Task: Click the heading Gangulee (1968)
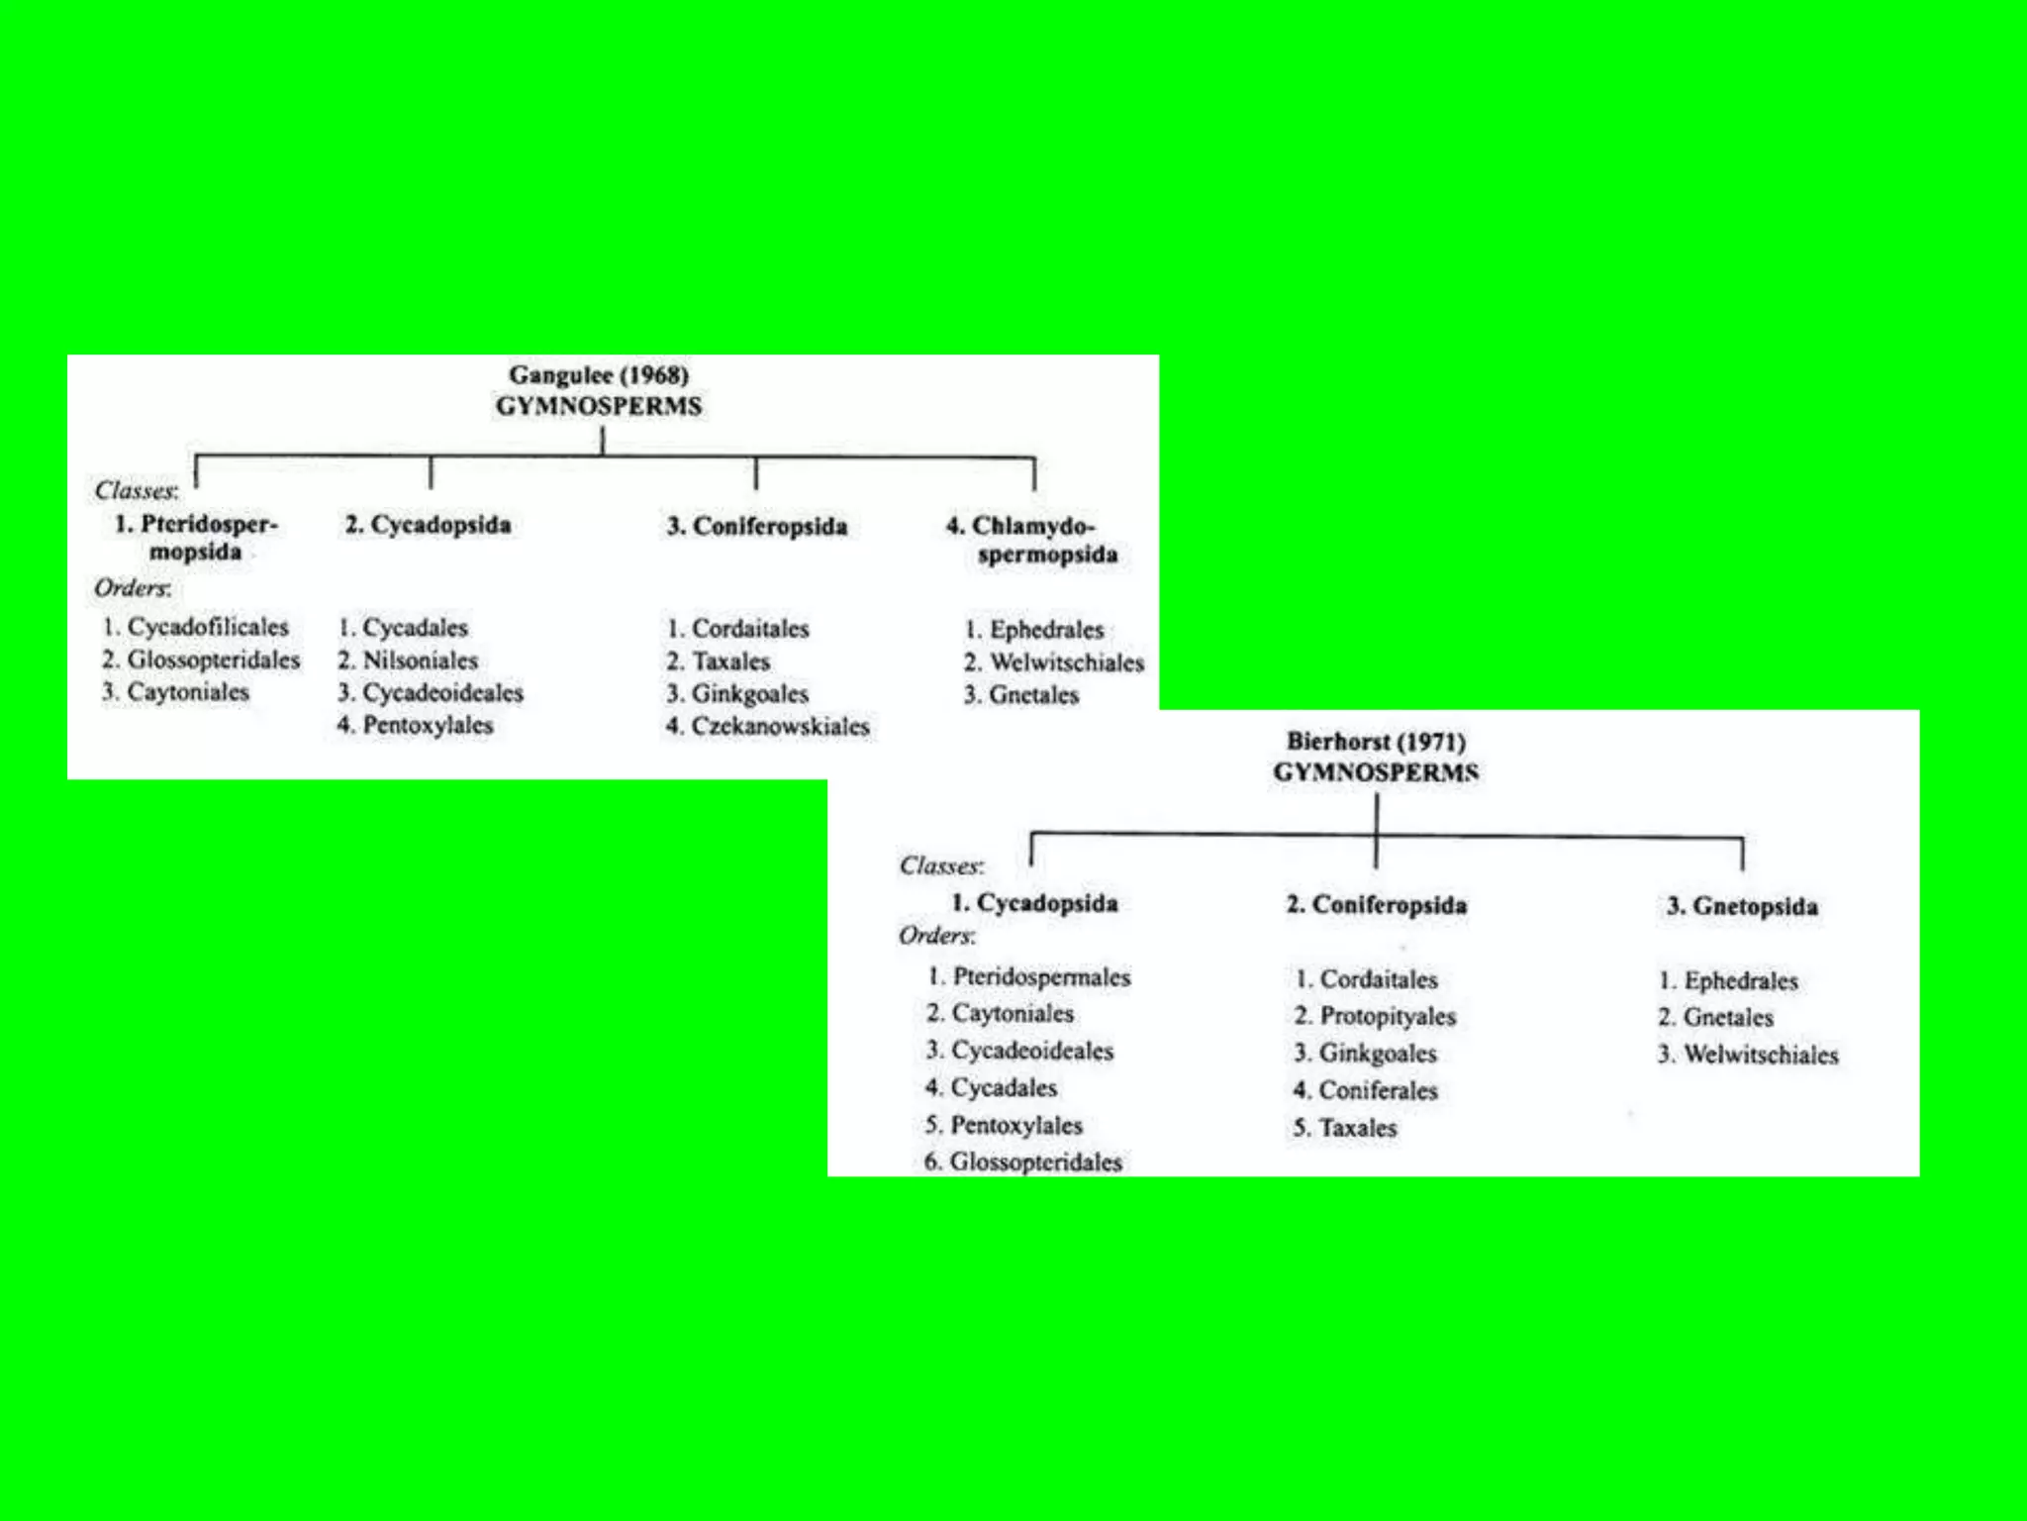point(599,375)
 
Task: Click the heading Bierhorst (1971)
point(1376,742)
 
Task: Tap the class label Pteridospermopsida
point(197,538)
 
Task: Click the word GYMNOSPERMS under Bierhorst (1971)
point(1376,772)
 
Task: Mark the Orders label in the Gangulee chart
point(133,588)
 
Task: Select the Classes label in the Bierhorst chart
point(941,866)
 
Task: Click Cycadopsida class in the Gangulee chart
point(429,525)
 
